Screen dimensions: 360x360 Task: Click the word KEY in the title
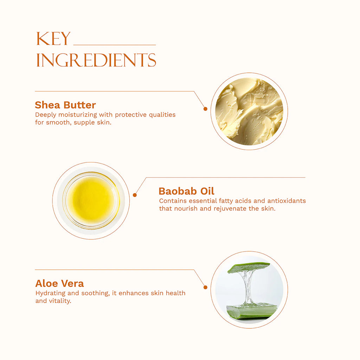coord(53,39)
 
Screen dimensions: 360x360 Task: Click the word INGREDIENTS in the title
coord(96,60)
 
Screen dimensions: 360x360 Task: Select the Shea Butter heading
coord(65,105)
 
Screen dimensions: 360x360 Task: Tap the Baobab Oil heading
coord(186,191)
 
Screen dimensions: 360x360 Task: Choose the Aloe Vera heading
coord(59,283)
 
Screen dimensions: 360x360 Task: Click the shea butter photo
coord(249,111)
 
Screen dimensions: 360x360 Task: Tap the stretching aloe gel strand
coord(248,287)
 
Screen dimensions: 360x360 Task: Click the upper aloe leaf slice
coord(249,267)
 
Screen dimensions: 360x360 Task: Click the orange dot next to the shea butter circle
coord(205,109)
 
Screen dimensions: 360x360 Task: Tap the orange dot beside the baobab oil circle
coord(135,195)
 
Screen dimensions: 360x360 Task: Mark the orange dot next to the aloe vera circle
coord(205,287)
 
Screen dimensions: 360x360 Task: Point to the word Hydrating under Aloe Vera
coord(50,293)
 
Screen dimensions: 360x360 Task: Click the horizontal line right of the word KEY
coord(115,45)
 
